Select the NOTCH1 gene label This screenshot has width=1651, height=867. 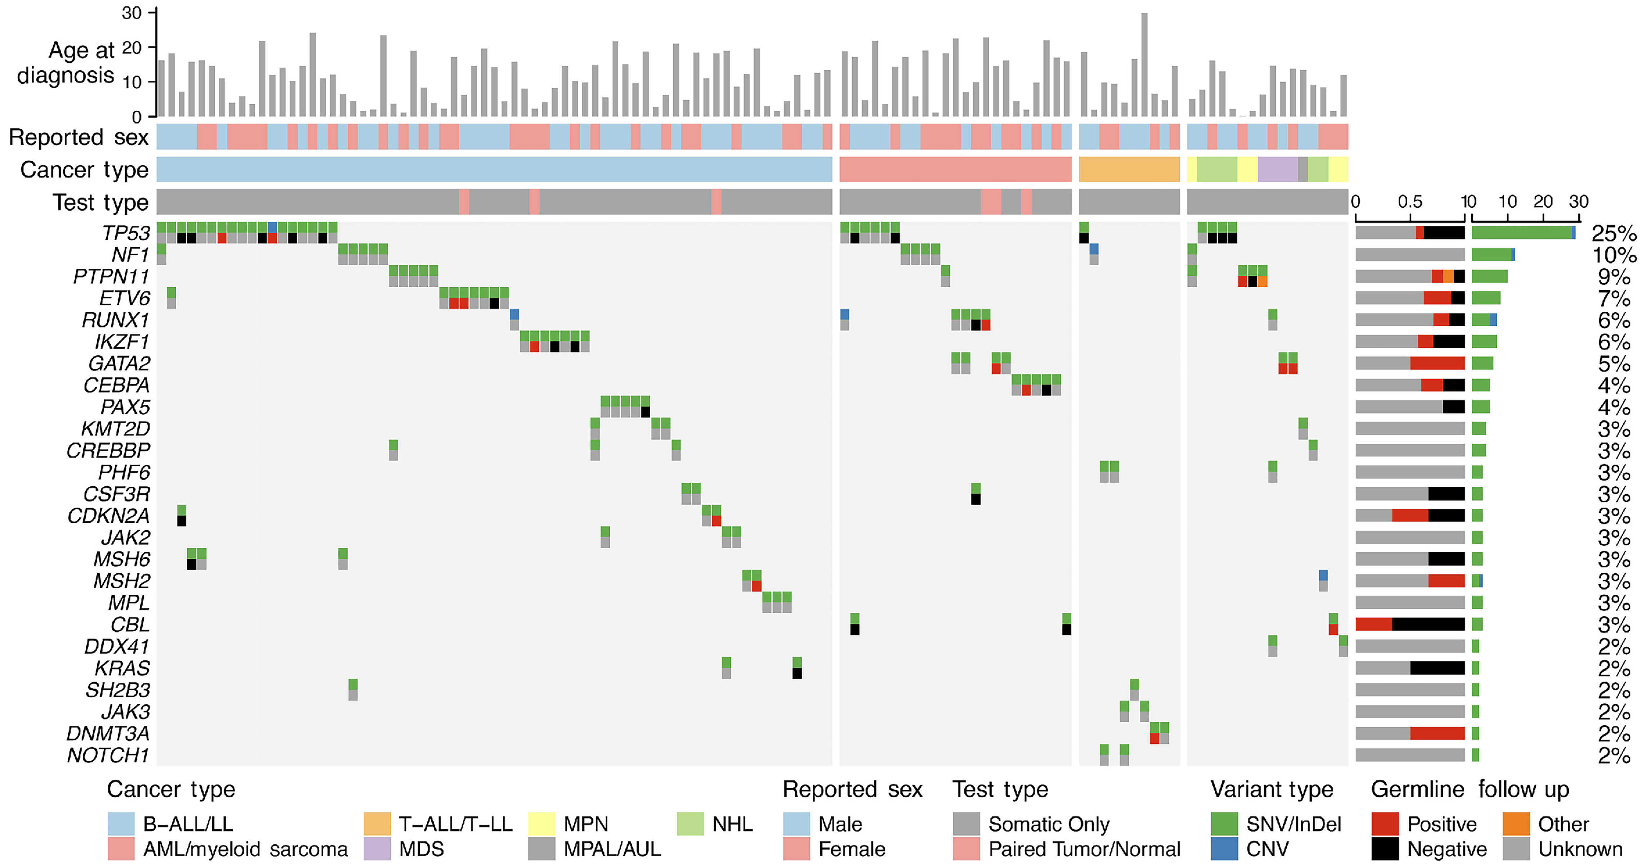coord(108,755)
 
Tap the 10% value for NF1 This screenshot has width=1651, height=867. coord(1614,255)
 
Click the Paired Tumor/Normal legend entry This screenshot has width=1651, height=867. coord(1084,849)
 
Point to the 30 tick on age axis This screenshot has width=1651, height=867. coord(131,13)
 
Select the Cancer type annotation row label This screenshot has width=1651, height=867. coord(84,170)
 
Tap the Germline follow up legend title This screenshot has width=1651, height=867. coord(1470,789)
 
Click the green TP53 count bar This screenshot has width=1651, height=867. coord(1522,233)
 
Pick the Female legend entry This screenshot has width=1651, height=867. coord(851,849)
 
